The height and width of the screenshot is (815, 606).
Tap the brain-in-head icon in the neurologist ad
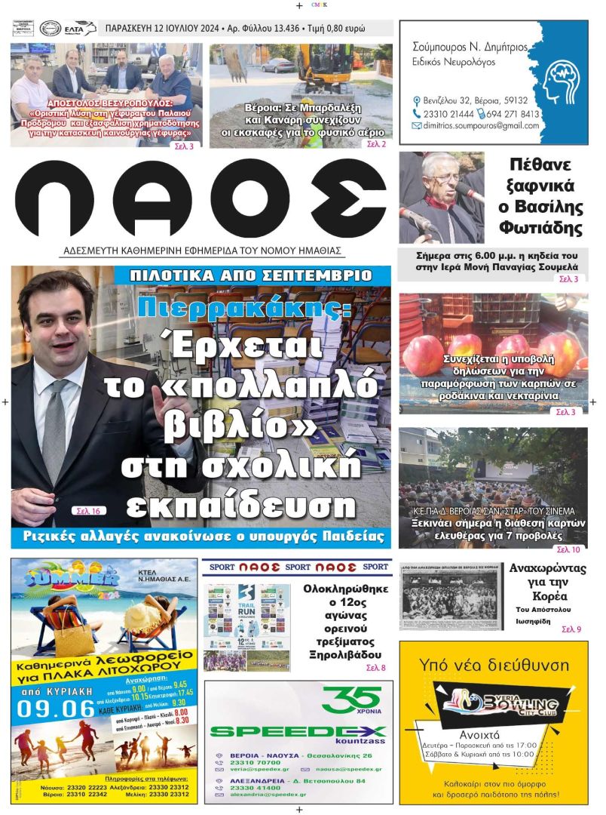[556, 83]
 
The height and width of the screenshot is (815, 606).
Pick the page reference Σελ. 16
[88, 511]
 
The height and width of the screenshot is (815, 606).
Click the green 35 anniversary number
[349, 699]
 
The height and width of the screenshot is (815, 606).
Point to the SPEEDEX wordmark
[298, 730]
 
